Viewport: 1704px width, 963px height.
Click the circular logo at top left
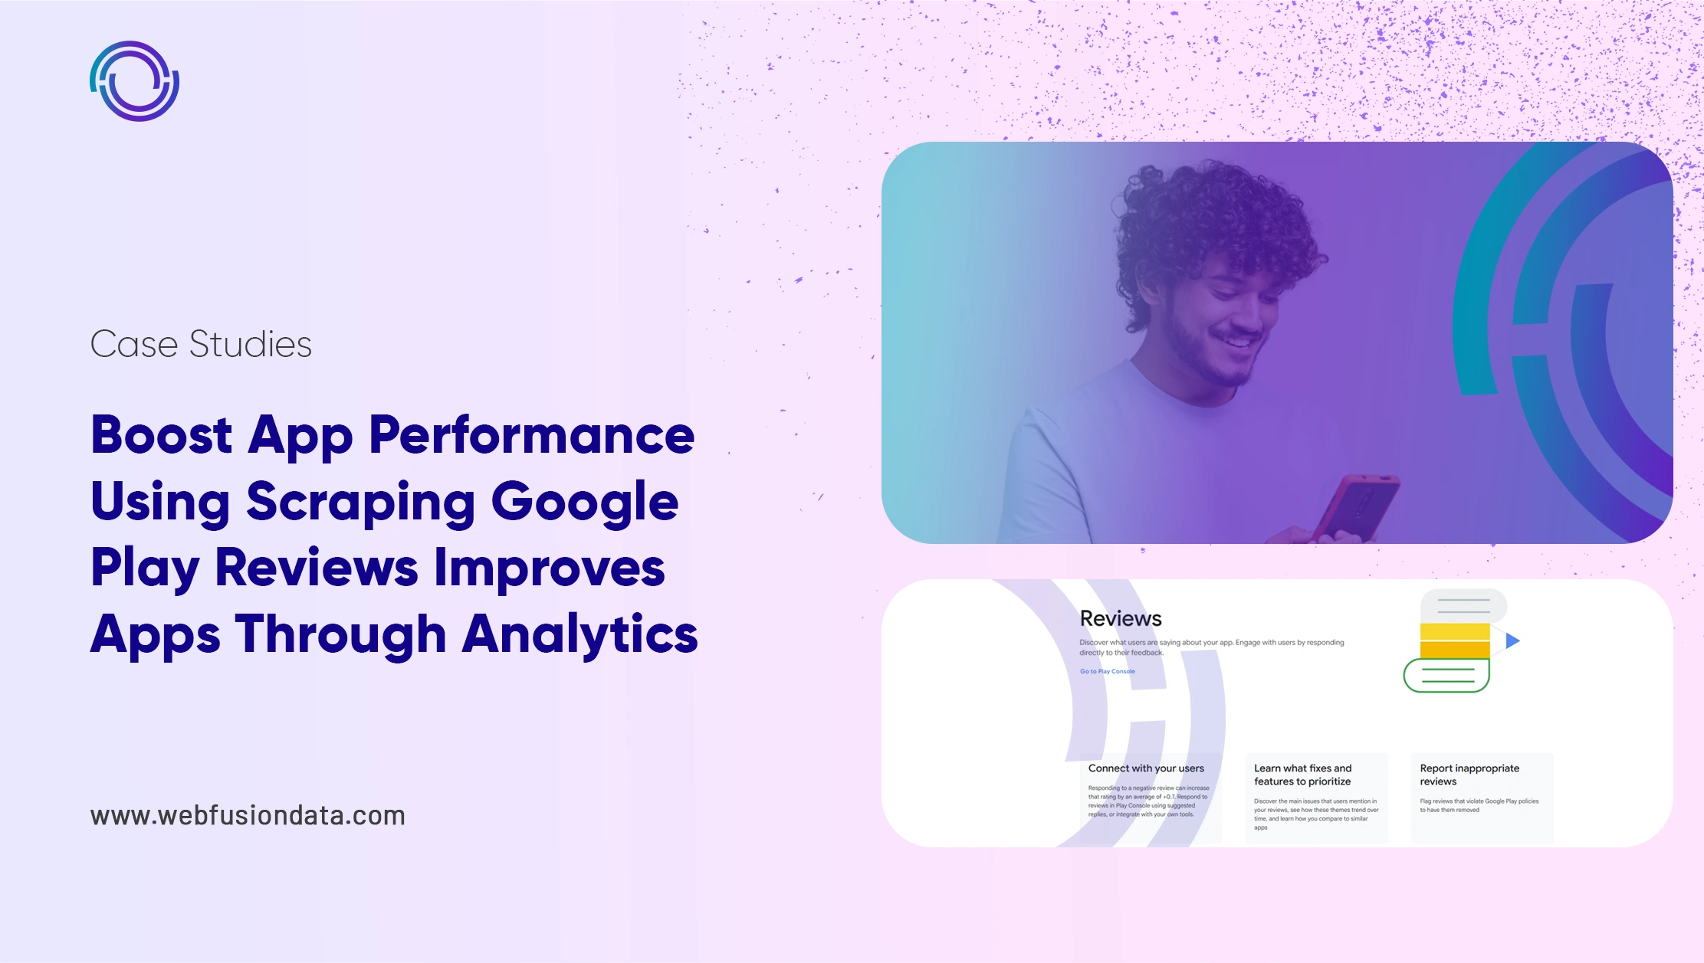(135, 81)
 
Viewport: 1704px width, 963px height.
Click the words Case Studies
(201, 344)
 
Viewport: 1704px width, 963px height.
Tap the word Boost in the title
(162, 435)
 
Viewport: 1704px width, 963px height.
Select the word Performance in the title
(531, 435)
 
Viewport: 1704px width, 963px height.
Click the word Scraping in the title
(360, 502)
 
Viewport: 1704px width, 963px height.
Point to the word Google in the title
(584, 502)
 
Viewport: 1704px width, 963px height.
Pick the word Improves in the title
(549, 568)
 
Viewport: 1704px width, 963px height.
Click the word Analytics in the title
(579, 634)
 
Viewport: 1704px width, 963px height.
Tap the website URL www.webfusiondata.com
(248, 815)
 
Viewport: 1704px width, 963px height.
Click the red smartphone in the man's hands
(1355, 506)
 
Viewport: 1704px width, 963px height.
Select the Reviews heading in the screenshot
(1120, 618)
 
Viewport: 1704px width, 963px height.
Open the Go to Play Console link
(1107, 671)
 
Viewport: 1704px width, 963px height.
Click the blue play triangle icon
(1512, 640)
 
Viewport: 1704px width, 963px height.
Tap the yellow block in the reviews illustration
(1454, 640)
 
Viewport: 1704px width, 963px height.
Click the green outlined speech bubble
(1446, 676)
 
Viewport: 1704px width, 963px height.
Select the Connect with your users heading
(1146, 768)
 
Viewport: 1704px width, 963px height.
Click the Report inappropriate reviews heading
(1469, 775)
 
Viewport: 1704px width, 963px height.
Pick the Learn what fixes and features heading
(1302, 775)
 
